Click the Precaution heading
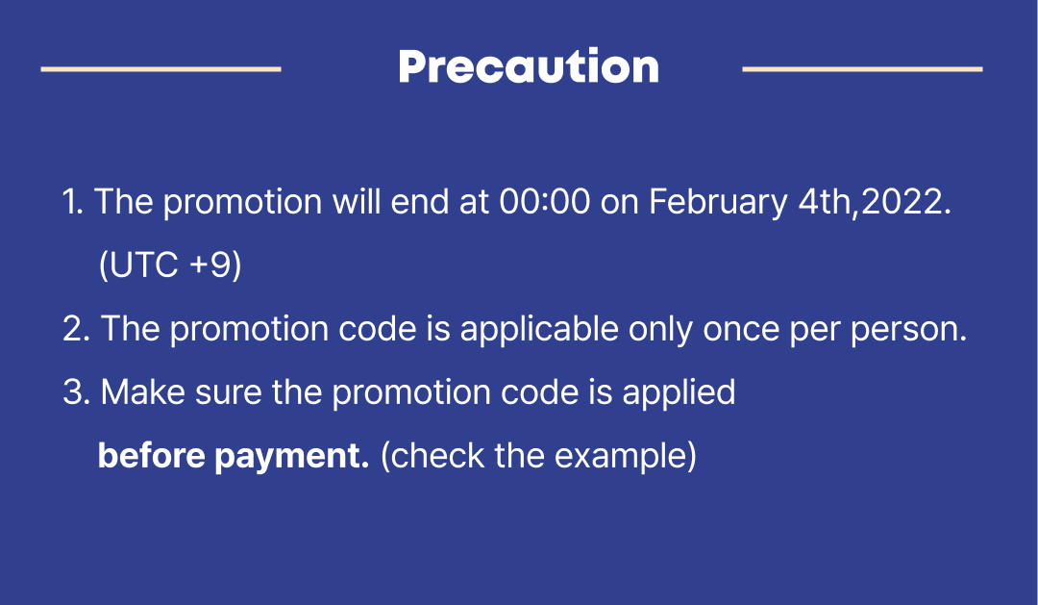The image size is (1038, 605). coord(529,66)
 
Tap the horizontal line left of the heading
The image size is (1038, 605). coord(161,69)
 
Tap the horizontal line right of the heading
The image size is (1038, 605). coord(862,69)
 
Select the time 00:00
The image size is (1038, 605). coord(544,201)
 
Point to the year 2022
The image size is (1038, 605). coord(901,201)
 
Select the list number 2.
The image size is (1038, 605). coord(71,329)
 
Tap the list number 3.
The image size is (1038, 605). coord(71,392)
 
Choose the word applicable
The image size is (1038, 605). coord(539,330)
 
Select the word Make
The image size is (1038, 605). coord(142,392)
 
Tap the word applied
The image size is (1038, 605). coord(679,393)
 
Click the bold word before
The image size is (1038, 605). coord(151,456)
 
